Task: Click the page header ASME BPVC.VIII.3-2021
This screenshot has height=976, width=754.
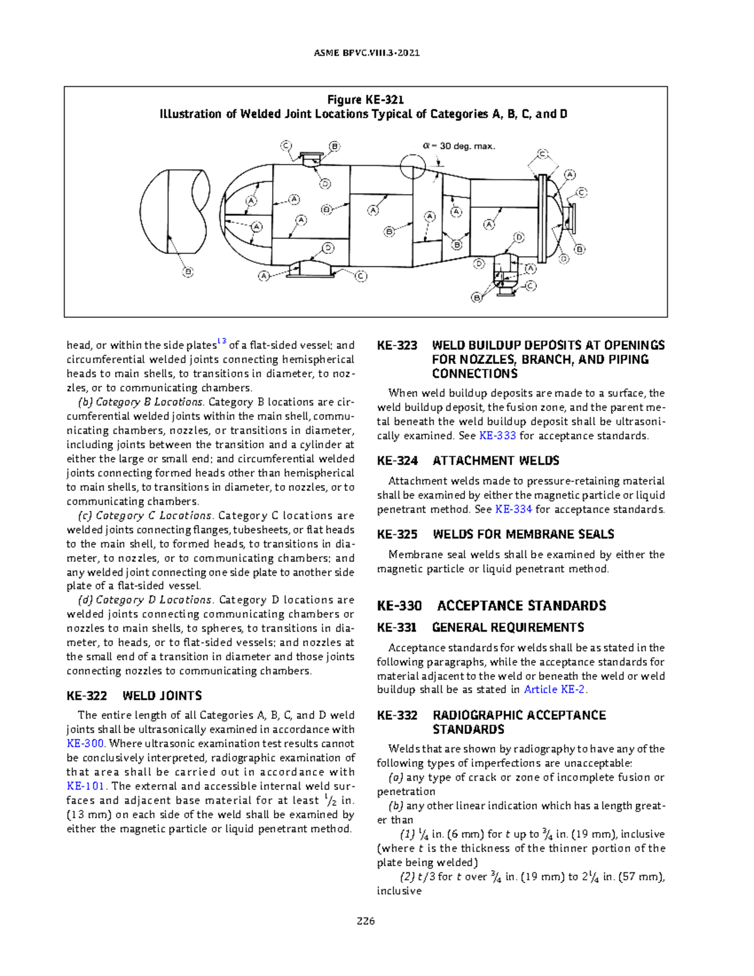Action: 366,53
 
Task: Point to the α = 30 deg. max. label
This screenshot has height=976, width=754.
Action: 459,146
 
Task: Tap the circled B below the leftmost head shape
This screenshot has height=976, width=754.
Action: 188,272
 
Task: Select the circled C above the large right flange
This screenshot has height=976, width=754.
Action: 542,155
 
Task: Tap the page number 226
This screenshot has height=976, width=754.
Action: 366,921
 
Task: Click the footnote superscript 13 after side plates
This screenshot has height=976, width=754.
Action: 221,342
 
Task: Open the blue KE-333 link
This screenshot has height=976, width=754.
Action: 498,436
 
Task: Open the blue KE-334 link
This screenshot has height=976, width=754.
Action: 513,509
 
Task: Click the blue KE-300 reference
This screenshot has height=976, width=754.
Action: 85,743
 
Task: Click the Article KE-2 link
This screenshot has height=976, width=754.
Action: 554,689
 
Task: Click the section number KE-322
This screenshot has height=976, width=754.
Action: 87,696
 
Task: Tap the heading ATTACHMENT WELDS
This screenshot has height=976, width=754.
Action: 496,461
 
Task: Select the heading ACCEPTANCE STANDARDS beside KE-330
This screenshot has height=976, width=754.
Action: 521,606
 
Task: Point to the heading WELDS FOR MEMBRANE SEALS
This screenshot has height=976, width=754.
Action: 523,534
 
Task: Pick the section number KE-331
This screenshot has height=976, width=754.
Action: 396,627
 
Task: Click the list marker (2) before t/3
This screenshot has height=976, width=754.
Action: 407,877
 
